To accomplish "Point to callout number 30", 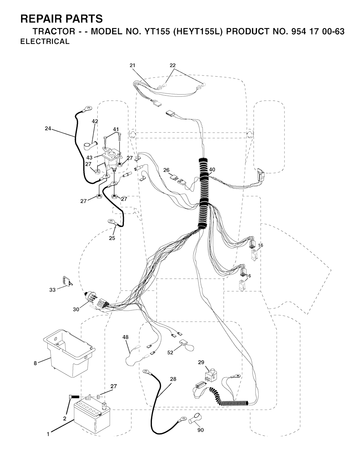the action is coord(76,309).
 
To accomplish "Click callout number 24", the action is coord(48,128).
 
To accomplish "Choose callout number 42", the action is coord(95,121).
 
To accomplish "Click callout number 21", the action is coord(133,65).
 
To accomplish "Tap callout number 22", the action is coord(173,65).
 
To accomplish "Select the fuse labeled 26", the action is coord(174,178).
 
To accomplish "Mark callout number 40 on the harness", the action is coord(212,169).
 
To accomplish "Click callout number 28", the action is coord(173,379).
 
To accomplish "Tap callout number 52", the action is coord(170,353).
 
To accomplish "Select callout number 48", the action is coord(126,337).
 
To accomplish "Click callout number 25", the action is coord(112,238).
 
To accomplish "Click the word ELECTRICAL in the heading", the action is coord(45,41).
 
